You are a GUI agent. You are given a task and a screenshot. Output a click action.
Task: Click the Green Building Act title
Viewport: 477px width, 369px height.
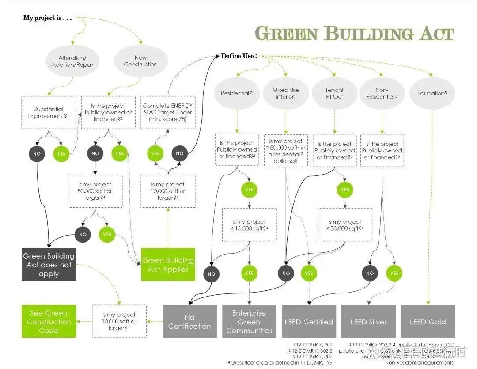coord(354,34)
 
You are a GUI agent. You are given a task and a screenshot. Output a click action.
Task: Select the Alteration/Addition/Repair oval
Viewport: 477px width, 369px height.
coord(72,61)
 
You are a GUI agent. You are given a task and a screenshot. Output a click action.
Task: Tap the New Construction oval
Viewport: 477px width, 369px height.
coord(140,61)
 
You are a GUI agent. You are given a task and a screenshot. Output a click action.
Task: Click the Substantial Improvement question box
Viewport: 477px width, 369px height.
coord(49,112)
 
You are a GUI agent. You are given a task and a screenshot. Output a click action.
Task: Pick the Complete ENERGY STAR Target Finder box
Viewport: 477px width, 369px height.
coord(168,112)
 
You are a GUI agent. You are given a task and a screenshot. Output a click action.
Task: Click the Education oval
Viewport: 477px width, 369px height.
coord(432,93)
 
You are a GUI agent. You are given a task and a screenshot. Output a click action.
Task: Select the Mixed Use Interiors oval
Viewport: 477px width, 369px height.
coord(285,93)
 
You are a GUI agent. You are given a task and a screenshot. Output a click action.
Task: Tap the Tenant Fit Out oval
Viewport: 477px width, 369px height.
coord(334,93)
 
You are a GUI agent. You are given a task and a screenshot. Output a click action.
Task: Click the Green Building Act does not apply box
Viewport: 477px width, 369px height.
coord(49,264)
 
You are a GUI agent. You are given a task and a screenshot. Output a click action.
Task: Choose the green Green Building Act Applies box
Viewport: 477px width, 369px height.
coord(168,264)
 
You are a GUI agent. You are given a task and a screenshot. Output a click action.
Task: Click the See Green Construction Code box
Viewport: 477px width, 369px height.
coord(49,321)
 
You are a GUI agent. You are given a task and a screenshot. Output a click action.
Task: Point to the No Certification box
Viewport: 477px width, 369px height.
coord(189,321)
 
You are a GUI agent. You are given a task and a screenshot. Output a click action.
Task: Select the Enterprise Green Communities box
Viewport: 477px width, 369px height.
coord(249,321)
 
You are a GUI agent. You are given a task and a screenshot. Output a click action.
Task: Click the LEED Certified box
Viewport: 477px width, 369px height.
coord(309,321)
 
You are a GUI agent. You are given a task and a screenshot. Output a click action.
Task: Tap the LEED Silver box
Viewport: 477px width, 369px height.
coord(368,321)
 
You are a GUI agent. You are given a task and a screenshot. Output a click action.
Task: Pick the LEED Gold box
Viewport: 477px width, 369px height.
coord(428,321)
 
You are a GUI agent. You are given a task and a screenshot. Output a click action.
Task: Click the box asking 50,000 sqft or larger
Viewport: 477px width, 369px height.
coord(95,191)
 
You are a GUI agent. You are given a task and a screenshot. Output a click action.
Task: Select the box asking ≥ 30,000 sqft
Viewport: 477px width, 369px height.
coord(344,225)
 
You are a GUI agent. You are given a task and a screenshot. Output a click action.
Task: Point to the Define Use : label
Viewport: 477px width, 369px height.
coord(238,56)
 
